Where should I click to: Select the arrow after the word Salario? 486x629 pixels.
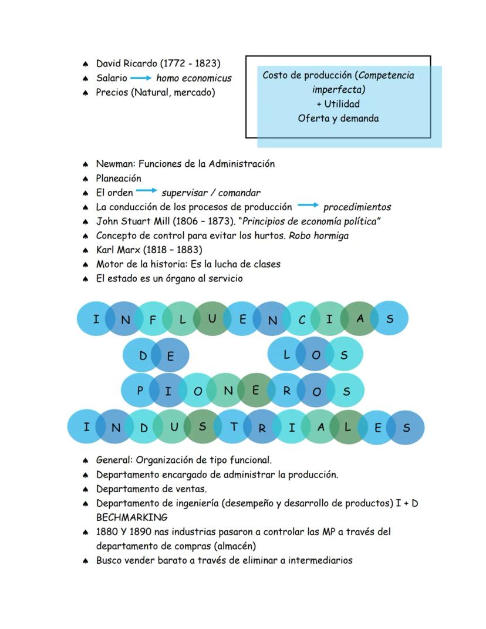[x=140, y=78]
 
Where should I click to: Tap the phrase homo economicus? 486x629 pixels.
[x=194, y=78]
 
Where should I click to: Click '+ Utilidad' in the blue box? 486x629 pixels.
[x=338, y=104]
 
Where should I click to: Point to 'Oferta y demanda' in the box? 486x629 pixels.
[x=338, y=118]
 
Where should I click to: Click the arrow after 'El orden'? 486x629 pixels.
[x=147, y=191]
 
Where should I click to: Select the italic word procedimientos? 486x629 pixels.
[x=357, y=207]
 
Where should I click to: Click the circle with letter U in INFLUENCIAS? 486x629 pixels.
[x=212, y=318]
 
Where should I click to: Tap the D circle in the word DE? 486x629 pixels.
[x=143, y=355]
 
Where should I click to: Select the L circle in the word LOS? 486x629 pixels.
[x=286, y=354]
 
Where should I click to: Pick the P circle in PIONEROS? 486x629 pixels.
[x=140, y=390]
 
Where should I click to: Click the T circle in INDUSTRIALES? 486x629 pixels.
[x=233, y=426]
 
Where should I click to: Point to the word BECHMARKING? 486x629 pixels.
[x=131, y=517]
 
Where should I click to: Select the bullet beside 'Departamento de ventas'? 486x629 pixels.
[x=85, y=489]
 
